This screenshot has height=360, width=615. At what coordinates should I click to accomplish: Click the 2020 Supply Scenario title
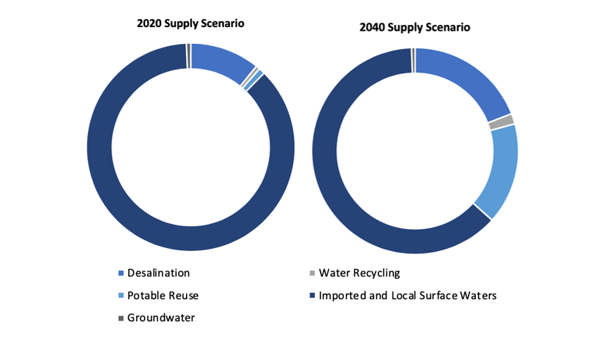190,23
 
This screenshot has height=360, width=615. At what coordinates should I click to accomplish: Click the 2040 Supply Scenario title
414,28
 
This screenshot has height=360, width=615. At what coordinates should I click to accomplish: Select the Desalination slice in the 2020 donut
222,61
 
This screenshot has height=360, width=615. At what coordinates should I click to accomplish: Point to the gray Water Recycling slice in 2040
502,122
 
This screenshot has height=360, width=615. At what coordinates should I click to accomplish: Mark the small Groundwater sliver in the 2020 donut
189,56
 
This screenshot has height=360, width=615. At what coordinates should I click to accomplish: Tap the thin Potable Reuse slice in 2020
253,80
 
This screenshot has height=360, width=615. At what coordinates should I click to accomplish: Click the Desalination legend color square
121,273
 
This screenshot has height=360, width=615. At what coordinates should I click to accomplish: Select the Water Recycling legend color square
312,273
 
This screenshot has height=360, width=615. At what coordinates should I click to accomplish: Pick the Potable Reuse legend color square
121,296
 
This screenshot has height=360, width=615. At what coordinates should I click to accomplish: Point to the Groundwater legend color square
121,318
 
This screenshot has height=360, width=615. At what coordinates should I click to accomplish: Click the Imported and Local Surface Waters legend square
312,296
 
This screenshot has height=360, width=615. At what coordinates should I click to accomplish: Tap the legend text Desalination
158,273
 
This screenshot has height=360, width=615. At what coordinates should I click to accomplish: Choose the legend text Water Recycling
359,274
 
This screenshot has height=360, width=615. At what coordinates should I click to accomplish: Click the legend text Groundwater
161,318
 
